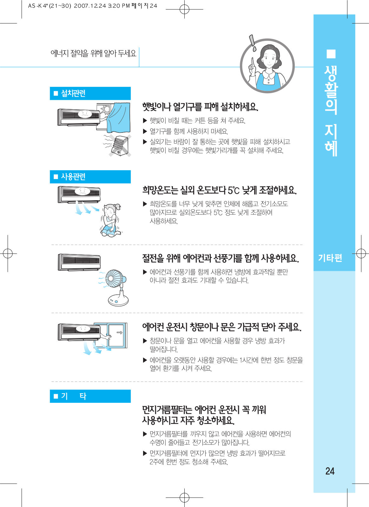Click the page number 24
click(330, 471)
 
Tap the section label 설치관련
click(73, 93)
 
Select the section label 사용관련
click(73, 176)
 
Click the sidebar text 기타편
click(330, 258)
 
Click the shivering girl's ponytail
click(118, 207)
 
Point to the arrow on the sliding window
click(119, 332)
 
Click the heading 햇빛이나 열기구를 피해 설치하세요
click(200, 106)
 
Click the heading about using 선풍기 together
click(220, 258)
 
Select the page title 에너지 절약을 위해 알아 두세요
click(93, 54)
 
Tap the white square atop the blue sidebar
click(331, 54)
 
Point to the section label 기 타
click(73, 396)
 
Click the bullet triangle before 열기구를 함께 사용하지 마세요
click(145, 132)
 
